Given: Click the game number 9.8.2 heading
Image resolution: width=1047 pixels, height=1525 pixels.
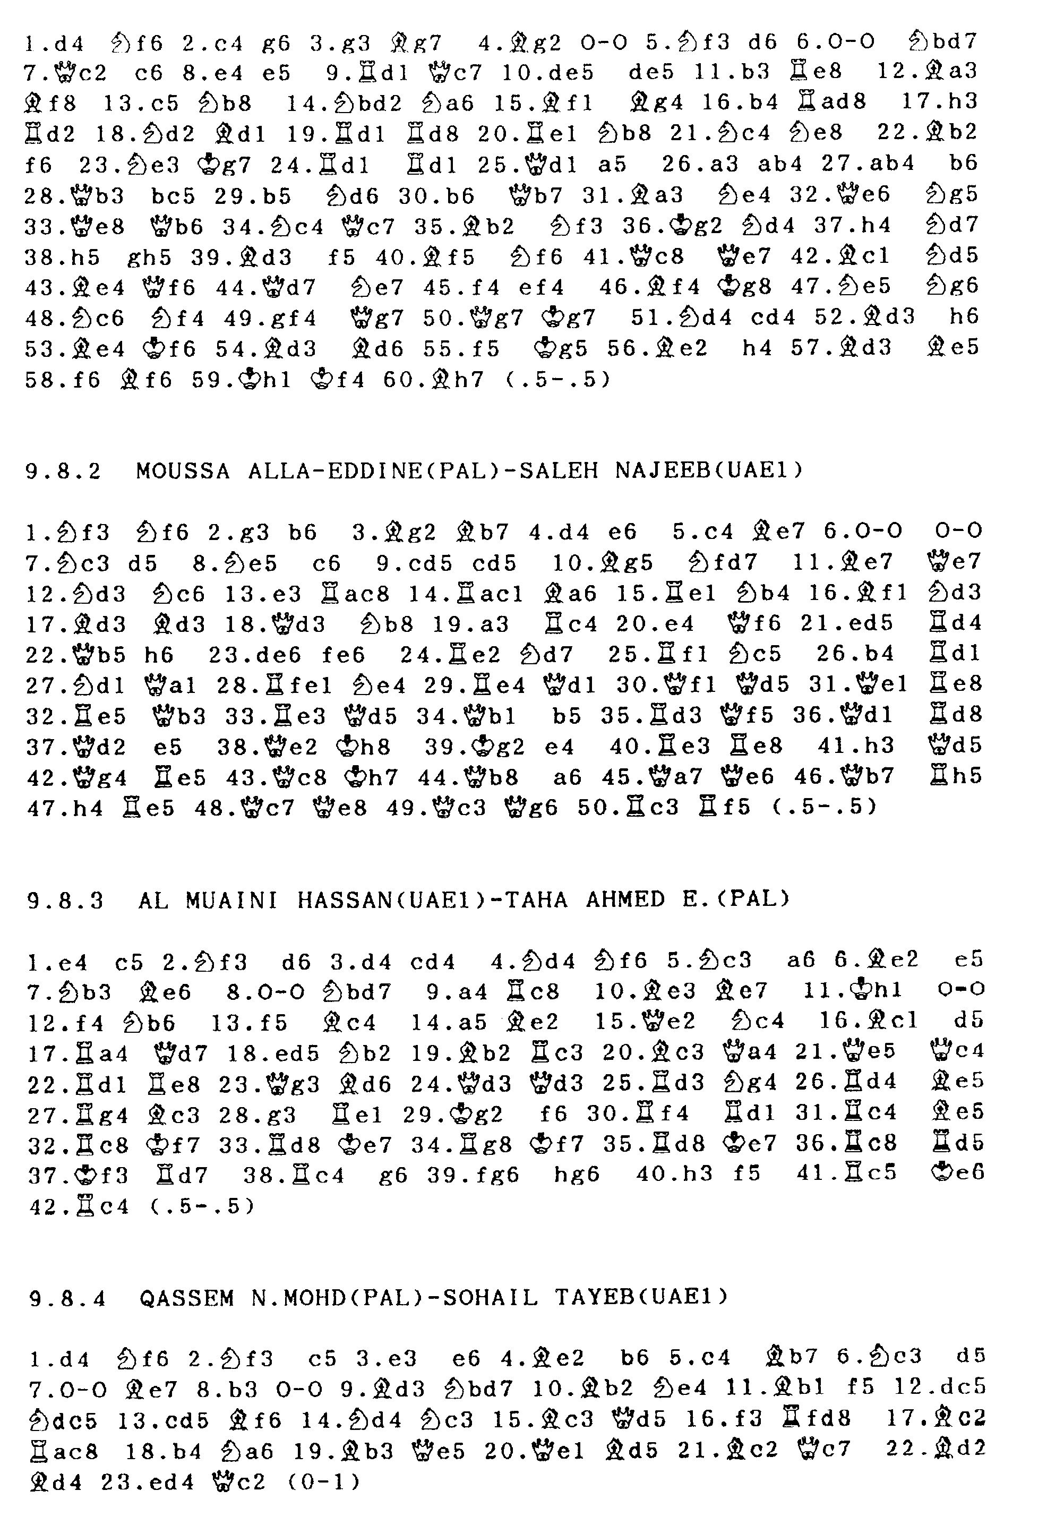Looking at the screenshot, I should pos(63,470).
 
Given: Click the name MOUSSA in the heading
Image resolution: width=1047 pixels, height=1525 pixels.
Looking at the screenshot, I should pos(182,470).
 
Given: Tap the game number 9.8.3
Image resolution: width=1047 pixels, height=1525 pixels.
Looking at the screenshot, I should pos(65,899).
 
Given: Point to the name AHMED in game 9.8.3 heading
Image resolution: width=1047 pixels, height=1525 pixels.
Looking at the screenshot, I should pos(626,899).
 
